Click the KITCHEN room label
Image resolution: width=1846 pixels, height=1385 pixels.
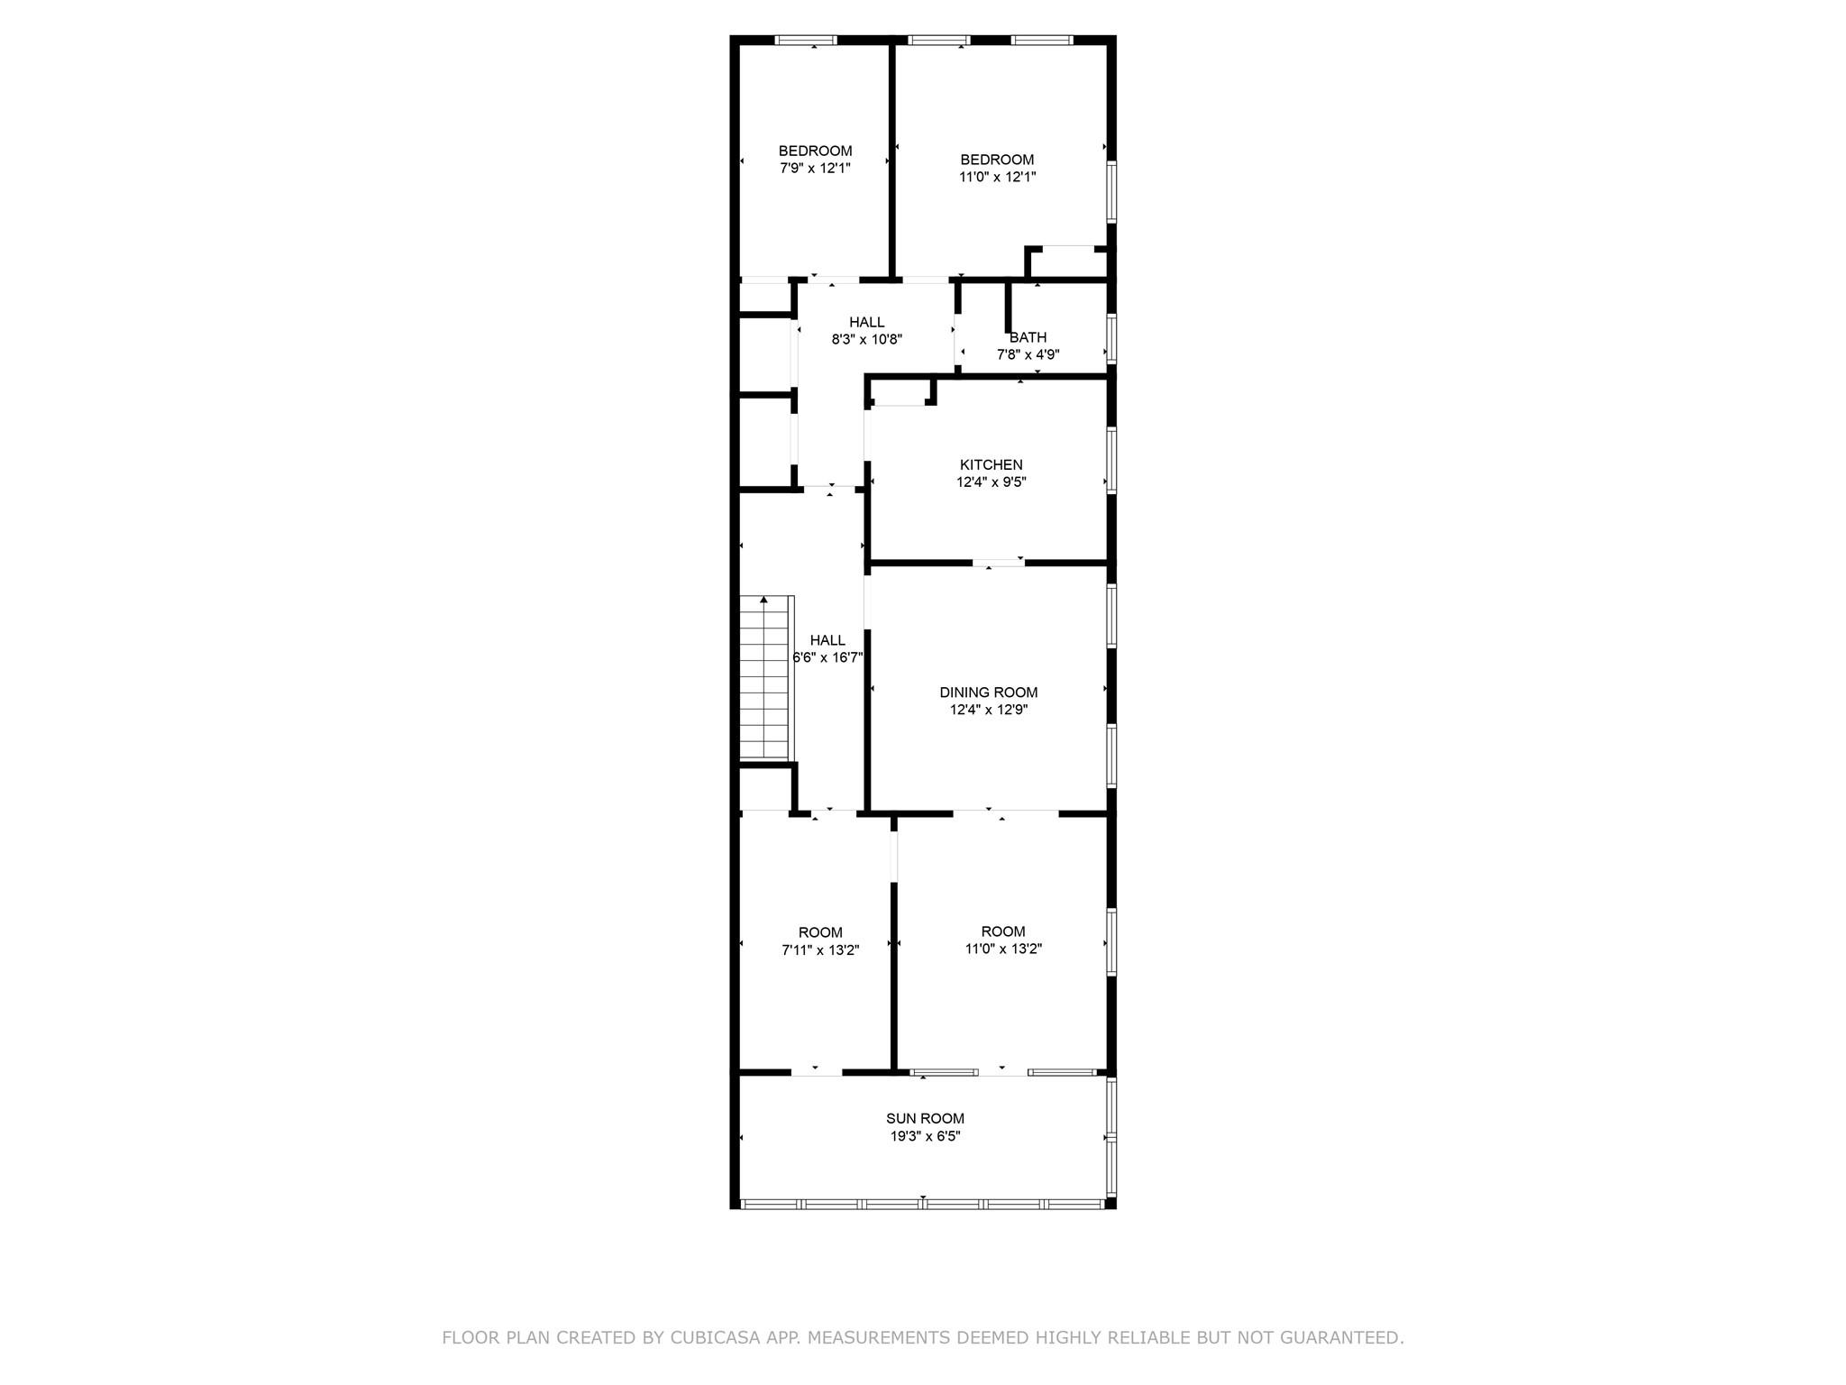[991, 465]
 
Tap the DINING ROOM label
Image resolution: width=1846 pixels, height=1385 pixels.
[988, 692]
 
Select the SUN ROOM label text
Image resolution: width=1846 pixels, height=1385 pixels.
[925, 1119]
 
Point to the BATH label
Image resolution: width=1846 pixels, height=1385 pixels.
[1028, 337]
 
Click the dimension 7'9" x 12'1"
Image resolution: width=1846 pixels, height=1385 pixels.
[815, 168]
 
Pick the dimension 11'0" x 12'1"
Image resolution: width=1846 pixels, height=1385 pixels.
[997, 177]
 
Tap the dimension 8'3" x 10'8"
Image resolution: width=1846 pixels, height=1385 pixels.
[866, 340]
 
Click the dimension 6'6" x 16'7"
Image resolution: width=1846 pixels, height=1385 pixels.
[827, 658]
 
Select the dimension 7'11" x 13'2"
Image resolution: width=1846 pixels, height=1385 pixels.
[820, 949]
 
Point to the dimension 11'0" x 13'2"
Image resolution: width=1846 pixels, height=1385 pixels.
[1003, 949]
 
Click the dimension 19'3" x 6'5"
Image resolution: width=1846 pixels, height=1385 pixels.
[925, 1136]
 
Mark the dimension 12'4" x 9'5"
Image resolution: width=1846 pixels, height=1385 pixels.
[991, 482]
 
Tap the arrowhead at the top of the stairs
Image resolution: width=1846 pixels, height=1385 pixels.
[764, 600]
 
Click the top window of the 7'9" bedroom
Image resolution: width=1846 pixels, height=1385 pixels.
[807, 41]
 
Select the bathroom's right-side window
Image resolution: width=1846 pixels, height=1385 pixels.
[1111, 338]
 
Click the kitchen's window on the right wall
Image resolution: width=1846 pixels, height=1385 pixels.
[1111, 460]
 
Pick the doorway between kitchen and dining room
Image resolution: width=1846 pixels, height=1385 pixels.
[998, 564]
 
